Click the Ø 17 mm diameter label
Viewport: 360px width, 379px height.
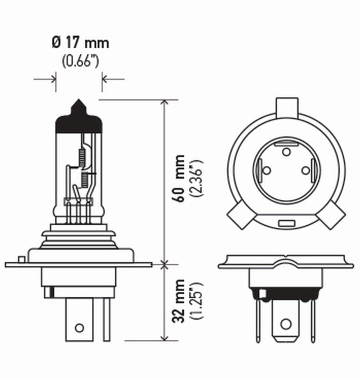tap(80, 44)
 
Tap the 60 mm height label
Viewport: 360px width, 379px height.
tap(179, 178)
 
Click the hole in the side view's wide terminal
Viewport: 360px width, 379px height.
tap(79, 327)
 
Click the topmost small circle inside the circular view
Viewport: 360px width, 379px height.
tap(286, 152)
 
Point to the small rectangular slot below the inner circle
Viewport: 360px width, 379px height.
tap(286, 223)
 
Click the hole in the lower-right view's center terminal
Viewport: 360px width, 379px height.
tap(285, 324)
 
